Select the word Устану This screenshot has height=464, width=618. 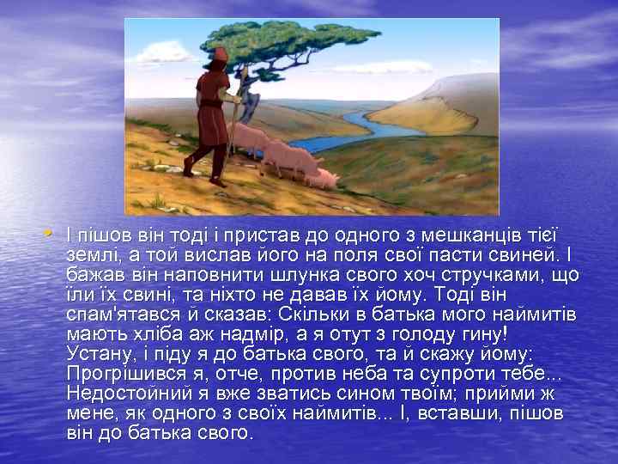94,354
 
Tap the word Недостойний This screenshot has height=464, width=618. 129,394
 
